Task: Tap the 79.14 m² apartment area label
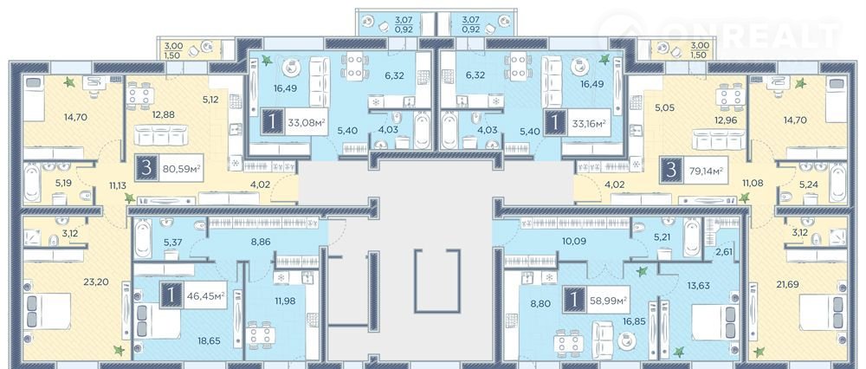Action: [x=705, y=169]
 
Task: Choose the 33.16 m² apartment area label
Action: [x=591, y=123]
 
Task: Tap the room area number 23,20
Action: [x=95, y=282]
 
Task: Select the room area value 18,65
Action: [x=209, y=340]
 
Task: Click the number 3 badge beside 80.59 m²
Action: [x=146, y=168]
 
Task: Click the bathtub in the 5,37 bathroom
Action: [x=143, y=238]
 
